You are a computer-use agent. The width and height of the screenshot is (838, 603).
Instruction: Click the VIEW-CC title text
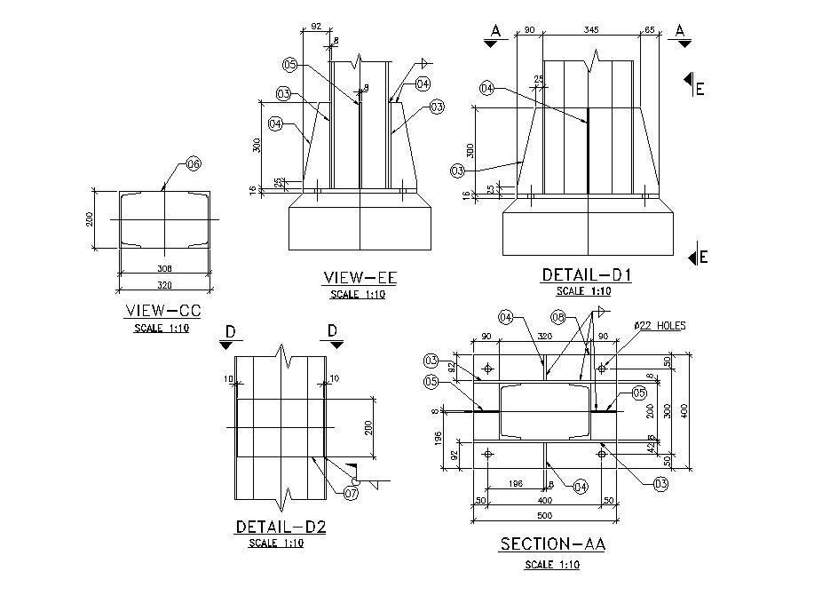click(x=164, y=311)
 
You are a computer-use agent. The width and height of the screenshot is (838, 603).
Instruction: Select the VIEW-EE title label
click(x=360, y=279)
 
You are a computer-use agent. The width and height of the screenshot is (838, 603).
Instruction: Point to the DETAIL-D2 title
click(x=281, y=527)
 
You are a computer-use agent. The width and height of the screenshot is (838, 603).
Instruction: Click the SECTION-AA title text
click(x=552, y=544)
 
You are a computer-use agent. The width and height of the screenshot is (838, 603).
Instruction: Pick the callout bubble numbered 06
click(x=194, y=163)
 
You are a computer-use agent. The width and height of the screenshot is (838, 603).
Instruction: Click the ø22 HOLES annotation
click(x=659, y=326)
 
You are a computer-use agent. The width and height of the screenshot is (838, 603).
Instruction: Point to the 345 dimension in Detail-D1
click(x=591, y=30)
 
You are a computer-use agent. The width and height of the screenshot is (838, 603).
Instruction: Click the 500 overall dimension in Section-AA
click(x=545, y=515)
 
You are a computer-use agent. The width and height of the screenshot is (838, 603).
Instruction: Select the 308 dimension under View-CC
click(x=164, y=268)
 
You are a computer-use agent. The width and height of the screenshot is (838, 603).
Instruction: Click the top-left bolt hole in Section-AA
click(x=488, y=368)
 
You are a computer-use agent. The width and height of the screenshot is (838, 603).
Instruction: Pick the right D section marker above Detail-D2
click(x=333, y=335)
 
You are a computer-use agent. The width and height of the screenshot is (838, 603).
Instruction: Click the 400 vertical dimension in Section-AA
click(x=684, y=410)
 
